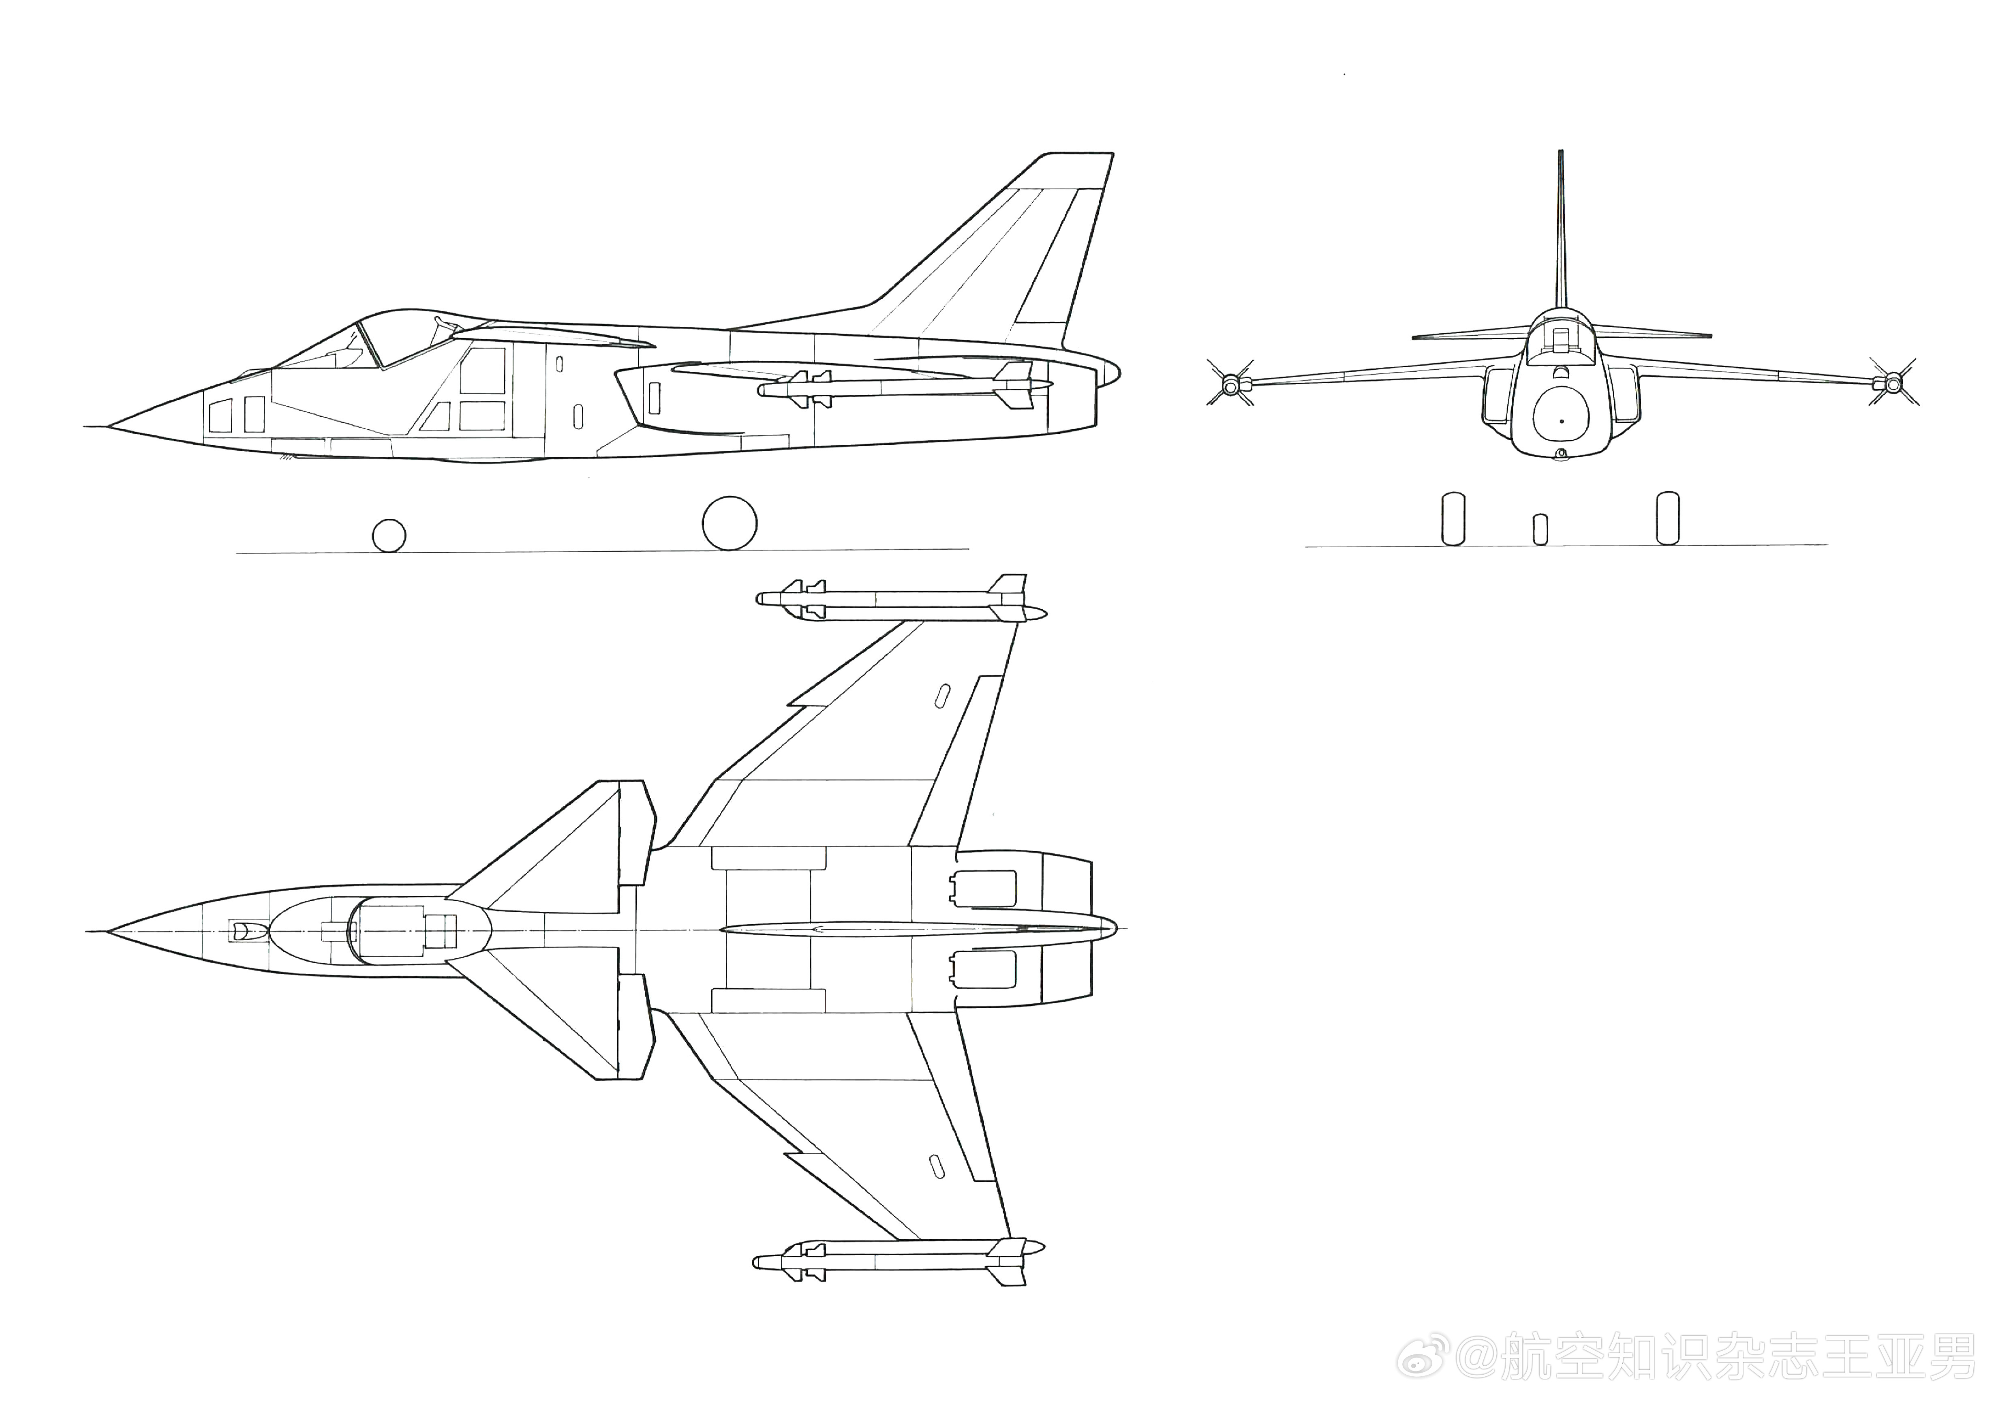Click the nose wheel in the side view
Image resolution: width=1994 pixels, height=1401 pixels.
[x=388, y=536]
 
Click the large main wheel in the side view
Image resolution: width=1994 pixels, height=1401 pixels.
[x=730, y=523]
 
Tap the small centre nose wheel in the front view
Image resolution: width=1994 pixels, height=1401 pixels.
[x=1540, y=530]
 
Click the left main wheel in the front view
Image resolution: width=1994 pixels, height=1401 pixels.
[x=1453, y=519]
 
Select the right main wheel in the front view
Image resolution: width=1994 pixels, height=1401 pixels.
[x=1667, y=518]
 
